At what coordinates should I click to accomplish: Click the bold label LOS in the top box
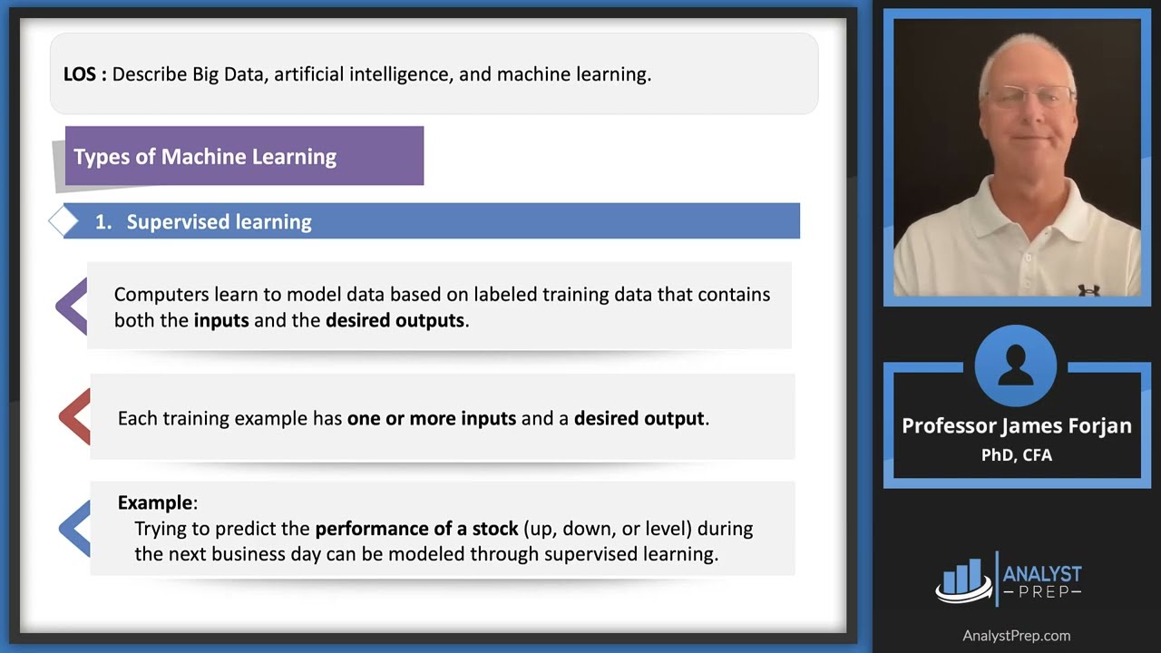click(x=80, y=74)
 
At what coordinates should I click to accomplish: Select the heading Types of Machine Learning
click(x=205, y=157)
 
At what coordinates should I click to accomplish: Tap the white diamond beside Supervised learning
click(x=64, y=221)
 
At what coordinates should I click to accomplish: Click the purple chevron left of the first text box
click(x=73, y=306)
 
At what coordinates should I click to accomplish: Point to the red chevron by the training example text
click(x=75, y=417)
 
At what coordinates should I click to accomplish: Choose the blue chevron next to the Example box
click(x=75, y=528)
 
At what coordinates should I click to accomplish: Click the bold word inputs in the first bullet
click(x=220, y=320)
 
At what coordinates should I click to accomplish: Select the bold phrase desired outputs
click(x=395, y=320)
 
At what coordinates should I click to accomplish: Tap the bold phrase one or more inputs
click(x=431, y=418)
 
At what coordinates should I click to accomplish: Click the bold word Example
click(x=155, y=502)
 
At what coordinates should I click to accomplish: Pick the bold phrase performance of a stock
click(x=416, y=528)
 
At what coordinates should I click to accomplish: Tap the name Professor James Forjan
click(x=1016, y=425)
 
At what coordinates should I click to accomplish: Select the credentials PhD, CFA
click(x=1016, y=454)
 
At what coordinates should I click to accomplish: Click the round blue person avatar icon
click(x=1016, y=366)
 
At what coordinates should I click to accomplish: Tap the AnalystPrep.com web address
click(x=1016, y=636)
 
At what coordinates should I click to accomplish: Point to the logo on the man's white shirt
click(x=1088, y=290)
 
